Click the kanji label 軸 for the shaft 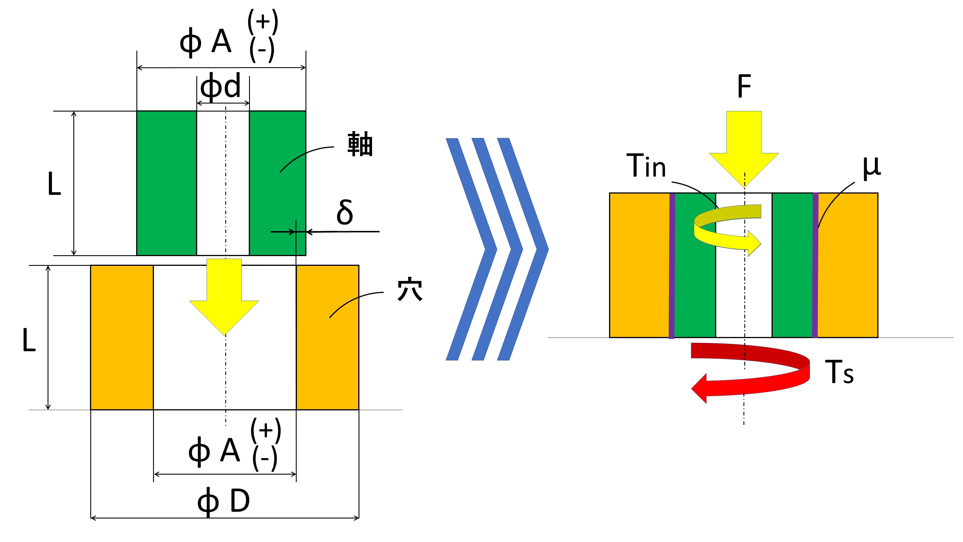pyautogui.click(x=360, y=144)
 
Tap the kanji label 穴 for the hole pyautogui.click(x=410, y=289)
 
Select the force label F pyautogui.click(x=744, y=86)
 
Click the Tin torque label pyautogui.click(x=646, y=166)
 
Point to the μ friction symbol pyautogui.click(x=871, y=167)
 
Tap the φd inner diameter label pyautogui.click(x=221, y=87)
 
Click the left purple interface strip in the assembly pyautogui.click(x=672, y=266)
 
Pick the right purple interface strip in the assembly pyautogui.click(x=815, y=266)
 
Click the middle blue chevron pyautogui.click(x=497, y=249)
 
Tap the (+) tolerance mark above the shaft pyautogui.click(x=263, y=21)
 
